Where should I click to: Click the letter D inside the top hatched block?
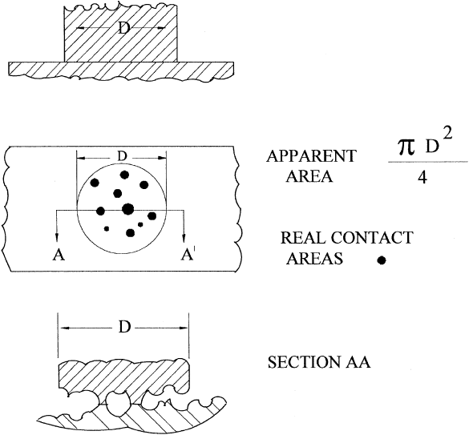pos(123,29)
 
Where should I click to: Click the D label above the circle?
pos(122,157)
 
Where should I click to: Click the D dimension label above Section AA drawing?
pos(124,328)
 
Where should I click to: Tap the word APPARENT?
pos(311,156)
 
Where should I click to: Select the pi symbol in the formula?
pos(406,147)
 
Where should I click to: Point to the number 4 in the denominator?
pos(423,177)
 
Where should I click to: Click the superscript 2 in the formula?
pos(447,133)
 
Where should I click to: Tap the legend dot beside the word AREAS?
pos(382,260)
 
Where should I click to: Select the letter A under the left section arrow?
pos(59,255)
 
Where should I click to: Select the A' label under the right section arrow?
pos(188,255)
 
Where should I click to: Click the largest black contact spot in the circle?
pos(128,209)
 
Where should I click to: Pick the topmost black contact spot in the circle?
pos(124,175)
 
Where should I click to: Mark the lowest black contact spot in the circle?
pos(130,233)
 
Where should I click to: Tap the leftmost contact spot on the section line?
pos(101,211)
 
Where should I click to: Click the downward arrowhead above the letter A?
pos(57,237)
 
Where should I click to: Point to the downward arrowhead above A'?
pos(184,237)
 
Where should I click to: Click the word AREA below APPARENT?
pos(309,177)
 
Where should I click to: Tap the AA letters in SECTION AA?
pos(358,362)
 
